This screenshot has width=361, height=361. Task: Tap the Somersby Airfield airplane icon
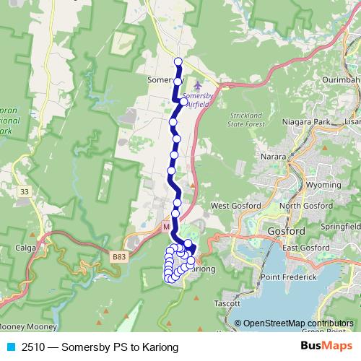pos(189,86)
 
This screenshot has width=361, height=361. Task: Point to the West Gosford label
pos(230,206)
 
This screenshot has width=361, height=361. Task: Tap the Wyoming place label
pos(323,185)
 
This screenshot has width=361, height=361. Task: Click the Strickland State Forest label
pos(248,119)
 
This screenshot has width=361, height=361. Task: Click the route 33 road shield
pos(26,191)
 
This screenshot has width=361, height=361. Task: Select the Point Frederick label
pos(289,277)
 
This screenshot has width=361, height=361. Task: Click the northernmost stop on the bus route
pos(178,61)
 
